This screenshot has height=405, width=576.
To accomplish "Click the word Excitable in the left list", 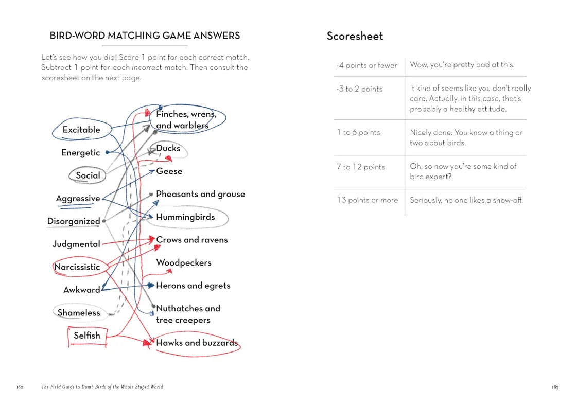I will tap(81, 130).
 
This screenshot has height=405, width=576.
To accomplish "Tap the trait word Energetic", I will tap(80, 153).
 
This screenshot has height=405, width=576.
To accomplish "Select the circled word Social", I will tap(88, 175).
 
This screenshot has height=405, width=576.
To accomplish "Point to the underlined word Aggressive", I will tap(78, 199).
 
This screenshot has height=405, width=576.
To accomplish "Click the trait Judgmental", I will tap(76, 244).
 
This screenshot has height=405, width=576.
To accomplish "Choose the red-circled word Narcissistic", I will tap(77, 267).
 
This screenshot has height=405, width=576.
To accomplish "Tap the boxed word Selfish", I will tap(86, 336).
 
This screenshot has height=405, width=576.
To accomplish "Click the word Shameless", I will tap(79, 313).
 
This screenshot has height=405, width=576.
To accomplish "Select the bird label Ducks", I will tap(168, 148).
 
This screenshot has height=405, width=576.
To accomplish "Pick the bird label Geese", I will tap(169, 171).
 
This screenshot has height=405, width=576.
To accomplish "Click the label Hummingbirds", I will tap(185, 217).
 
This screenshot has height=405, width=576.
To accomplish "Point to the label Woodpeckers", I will tap(184, 263).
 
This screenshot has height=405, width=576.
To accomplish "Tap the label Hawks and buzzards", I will tap(197, 343).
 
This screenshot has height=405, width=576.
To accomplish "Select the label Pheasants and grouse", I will tap(200, 194).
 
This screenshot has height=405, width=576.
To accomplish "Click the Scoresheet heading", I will tap(355, 36).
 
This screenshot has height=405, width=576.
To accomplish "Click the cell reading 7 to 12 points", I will tap(361, 167).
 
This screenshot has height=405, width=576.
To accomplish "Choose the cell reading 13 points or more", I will tap(367, 200).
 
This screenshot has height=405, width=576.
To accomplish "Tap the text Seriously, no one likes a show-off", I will tap(466, 200).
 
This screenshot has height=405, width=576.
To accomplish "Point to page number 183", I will tap(555, 387).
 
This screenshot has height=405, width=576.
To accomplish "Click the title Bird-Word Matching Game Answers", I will tap(145, 36).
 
